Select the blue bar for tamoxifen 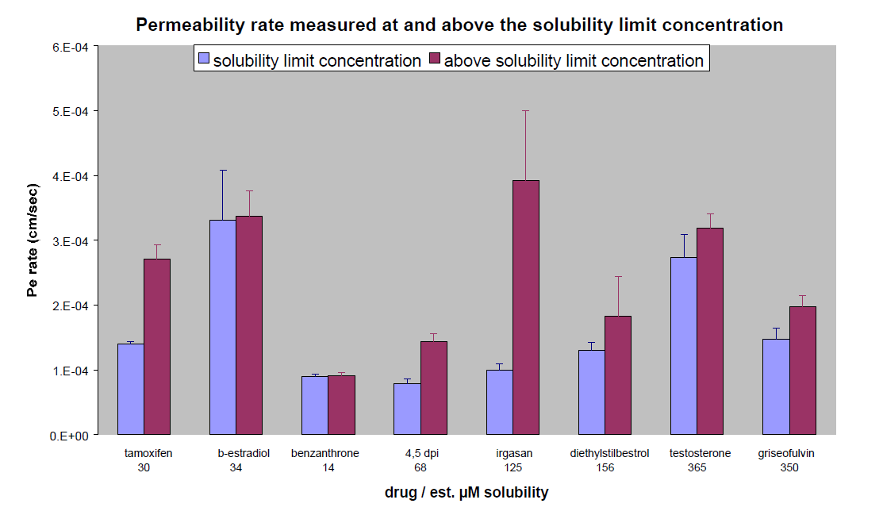tap(131, 389)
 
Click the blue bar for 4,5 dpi tap(407, 409)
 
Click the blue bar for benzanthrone tap(315, 405)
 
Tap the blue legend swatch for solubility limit tap(203, 60)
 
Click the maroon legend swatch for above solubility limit tap(434, 60)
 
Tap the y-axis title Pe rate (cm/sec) tap(33, 241)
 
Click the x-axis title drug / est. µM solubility tap(466, 493)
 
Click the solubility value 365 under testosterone tap(697, 468)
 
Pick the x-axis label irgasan tap(513, 454)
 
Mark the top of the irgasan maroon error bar tap(525, 111)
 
